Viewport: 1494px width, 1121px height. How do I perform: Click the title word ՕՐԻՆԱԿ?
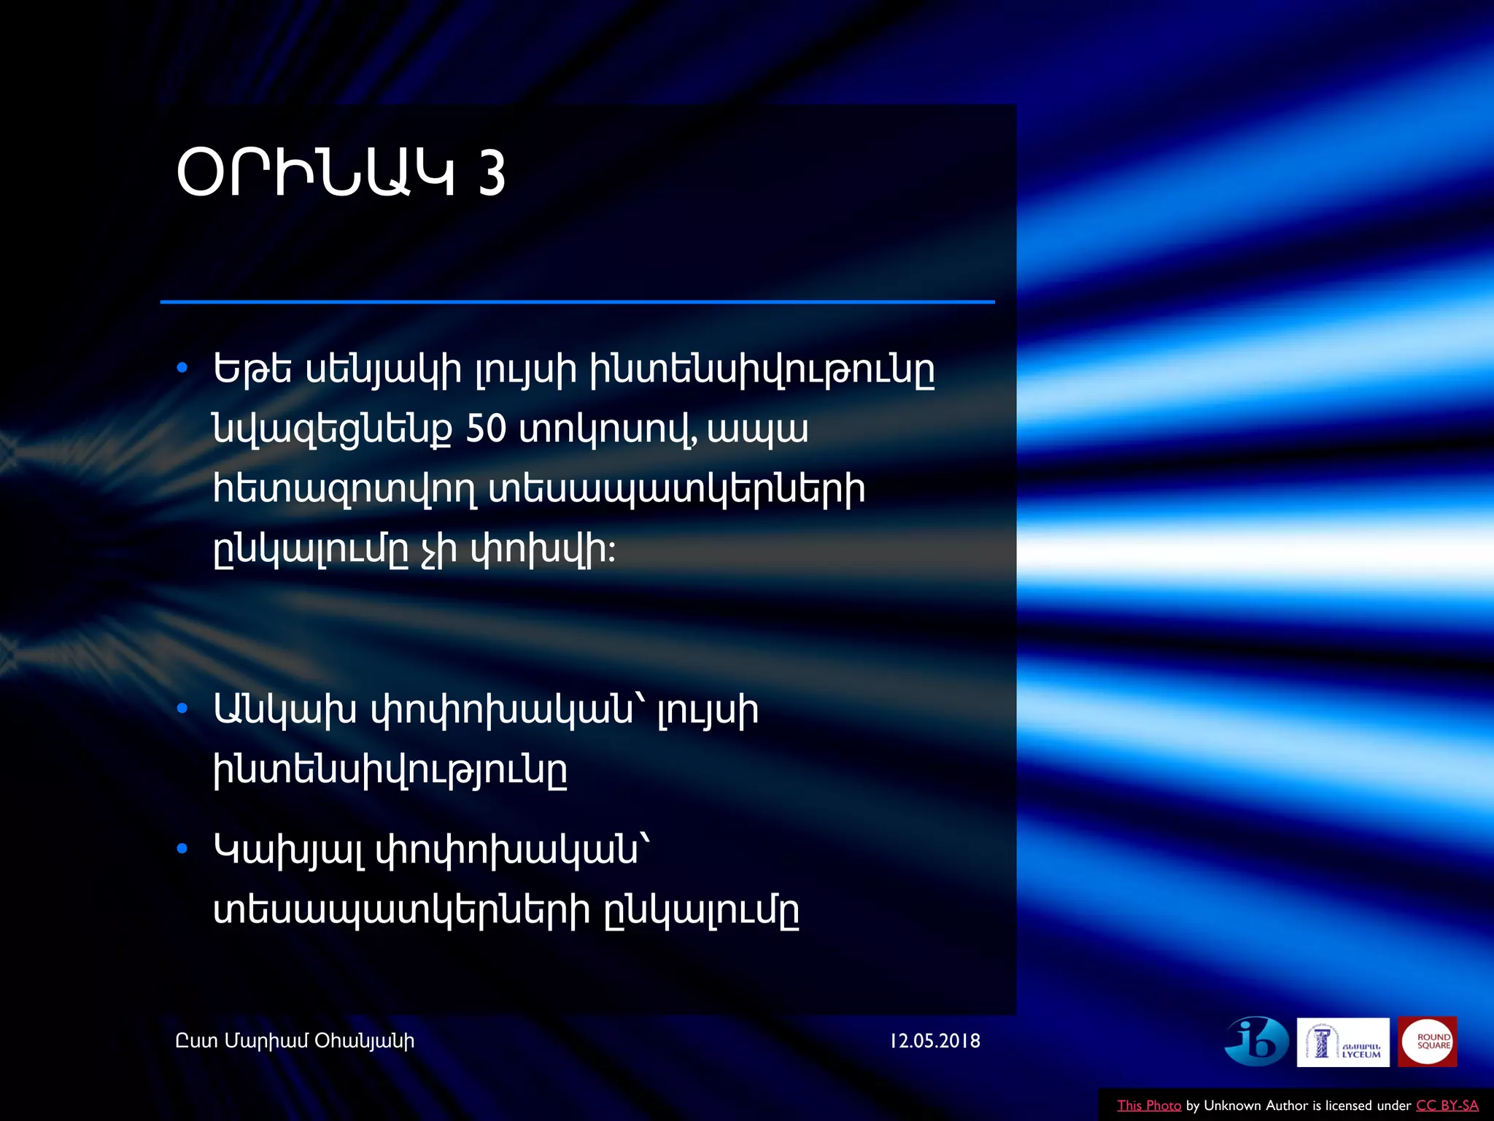click(315, 174)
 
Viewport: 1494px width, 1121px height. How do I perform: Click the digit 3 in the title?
click(492, 174)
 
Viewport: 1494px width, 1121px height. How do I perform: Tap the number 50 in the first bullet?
click(486, 428)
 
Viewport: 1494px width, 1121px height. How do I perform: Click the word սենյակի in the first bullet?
click(383, 371)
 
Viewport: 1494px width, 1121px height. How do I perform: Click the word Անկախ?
click(285, 710)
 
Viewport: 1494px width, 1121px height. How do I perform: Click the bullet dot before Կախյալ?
click(182, 848)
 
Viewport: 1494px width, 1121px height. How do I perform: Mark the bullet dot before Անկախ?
click(182, 708)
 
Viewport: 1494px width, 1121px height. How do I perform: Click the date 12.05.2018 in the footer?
click(934, 1041)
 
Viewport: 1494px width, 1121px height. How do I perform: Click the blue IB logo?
click(1256, 1041)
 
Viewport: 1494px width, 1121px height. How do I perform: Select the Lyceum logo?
click(1343, 1042)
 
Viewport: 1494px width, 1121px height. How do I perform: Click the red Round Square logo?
click(1428, 1041)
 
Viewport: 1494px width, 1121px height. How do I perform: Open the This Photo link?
click(1149, 1106)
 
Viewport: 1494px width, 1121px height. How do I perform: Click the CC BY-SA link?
click(1447, 1106)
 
